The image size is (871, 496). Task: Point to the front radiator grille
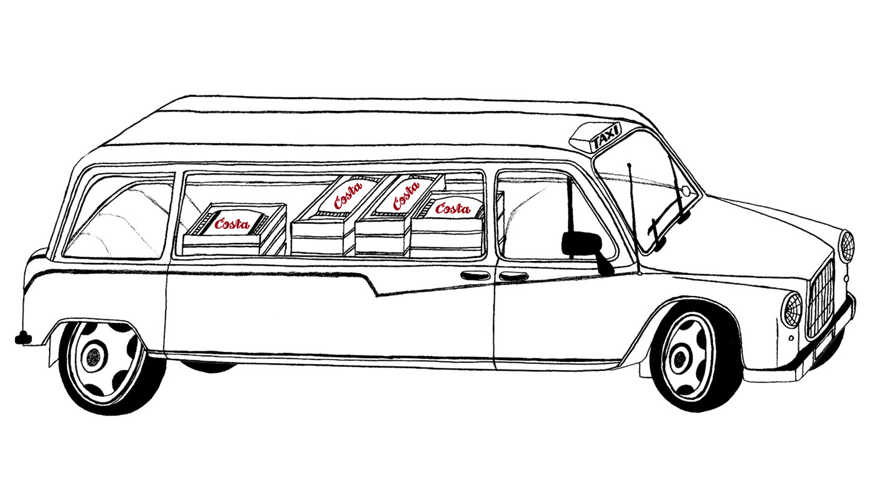click(x=821, y=298)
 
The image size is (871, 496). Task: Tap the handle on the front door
click(x=513, y=276)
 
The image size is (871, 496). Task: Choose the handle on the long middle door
click(x=475, y=275)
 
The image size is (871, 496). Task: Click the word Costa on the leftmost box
click(x=231, y=224)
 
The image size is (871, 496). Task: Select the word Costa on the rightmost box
click(x=452, y=209)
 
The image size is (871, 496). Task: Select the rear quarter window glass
click(x=118, y=218)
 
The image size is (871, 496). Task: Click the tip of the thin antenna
click(x=630, y=165)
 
